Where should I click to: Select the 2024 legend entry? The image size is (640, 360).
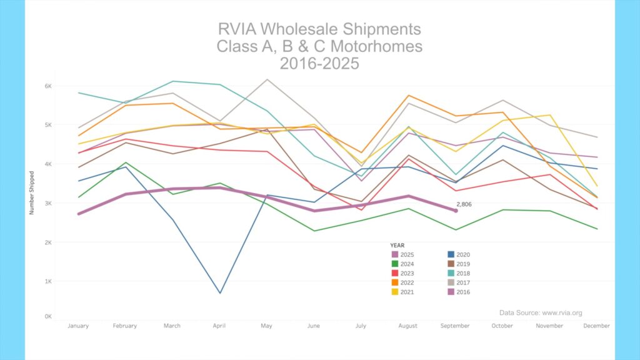tap(408, 264)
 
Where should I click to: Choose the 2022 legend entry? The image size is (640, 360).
tap(408, 282)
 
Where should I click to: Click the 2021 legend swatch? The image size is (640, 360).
tap(395, 292)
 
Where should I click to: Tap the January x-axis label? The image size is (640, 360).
tap(78, 326)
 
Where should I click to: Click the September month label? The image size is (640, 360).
tap(455, 326)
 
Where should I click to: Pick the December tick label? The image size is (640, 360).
tap(597, 326)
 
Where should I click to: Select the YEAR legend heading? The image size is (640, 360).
tap(397, 245)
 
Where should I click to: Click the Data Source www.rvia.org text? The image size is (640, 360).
tap(541, 312)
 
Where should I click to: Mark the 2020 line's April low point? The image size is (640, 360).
tap(219, 293)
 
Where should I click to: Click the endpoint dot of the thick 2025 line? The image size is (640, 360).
tap(456, 211)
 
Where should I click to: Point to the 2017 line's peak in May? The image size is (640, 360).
tap(267, 79)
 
